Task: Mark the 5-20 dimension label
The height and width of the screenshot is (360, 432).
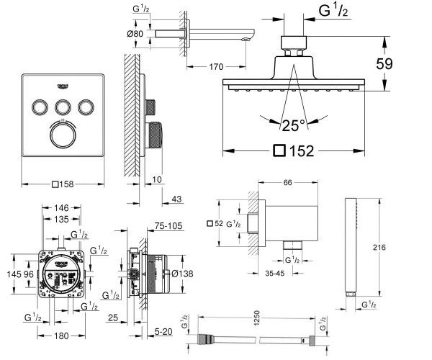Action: pos(165,332)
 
